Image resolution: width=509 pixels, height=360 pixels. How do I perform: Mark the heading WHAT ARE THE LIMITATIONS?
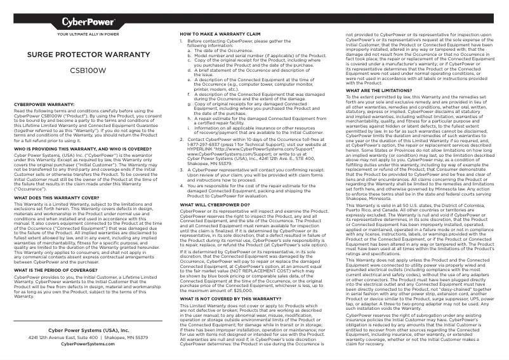tap(380, 90)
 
